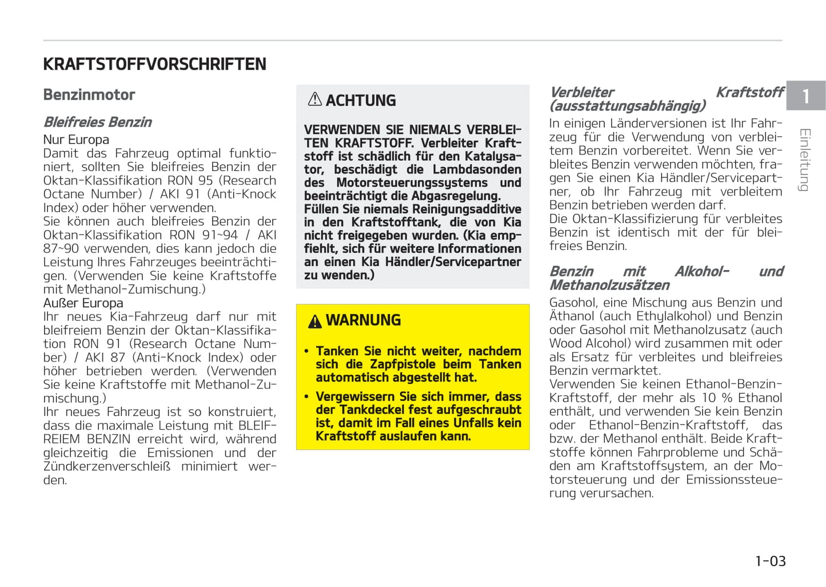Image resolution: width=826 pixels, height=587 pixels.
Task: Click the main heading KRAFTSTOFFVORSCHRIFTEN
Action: [154, 64]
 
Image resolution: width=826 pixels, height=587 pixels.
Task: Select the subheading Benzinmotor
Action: [89, 95]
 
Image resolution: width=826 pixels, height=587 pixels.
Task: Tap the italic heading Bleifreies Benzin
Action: [98, 122]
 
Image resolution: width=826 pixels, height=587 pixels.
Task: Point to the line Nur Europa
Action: [76, 140]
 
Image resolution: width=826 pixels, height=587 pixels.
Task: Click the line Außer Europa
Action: [83, 303]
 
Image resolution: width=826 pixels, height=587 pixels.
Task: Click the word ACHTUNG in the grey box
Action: [361, 101]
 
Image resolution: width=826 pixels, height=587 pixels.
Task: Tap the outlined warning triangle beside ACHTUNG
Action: [314, 100]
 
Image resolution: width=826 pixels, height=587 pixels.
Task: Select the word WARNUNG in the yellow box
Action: [363, 320]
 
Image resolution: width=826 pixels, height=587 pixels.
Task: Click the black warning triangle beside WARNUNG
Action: [314, 322]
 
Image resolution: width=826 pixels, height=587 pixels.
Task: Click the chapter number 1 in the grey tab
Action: [805, 96]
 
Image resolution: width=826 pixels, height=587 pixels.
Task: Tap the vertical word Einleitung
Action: [804, 160]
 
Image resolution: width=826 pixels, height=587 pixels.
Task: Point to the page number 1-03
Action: [770, 561]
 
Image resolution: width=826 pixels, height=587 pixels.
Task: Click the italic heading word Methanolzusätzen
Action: [609, 285]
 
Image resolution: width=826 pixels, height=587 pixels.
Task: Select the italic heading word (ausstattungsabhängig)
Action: [627, 106]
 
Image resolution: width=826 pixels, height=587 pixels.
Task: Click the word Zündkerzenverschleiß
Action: [107, 466]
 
